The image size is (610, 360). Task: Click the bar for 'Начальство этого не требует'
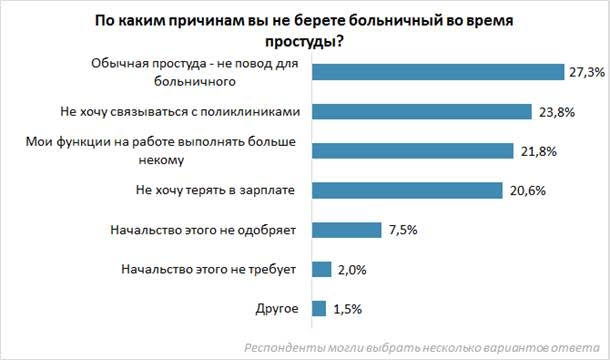(321, 268)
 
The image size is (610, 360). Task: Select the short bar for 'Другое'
(319, 307)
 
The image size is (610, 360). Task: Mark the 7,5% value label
(400, 229)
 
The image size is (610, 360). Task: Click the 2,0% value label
(350, 268)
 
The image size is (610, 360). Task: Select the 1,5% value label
(346, 307)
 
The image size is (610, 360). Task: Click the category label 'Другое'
(275, 307)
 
